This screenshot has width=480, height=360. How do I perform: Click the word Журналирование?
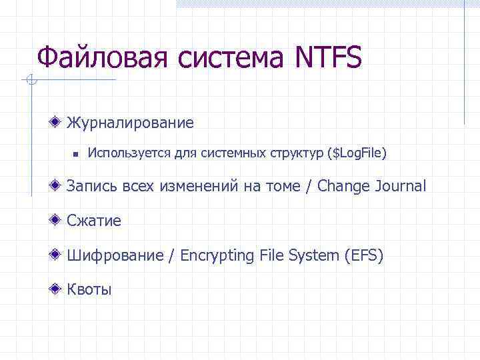[x=130, y=123]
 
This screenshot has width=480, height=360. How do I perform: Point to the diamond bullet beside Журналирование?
[x=58, y=122]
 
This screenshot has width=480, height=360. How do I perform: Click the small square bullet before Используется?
[x=76, y=154]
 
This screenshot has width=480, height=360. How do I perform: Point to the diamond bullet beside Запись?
[x=58, y=185]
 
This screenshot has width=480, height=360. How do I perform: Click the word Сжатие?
[x=94, y=221]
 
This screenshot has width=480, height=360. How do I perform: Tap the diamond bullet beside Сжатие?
[x=58, y=220]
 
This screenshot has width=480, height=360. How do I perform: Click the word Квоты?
[x=89, y=289]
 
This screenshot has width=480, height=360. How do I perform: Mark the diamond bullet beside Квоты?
[x=58, y=289]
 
